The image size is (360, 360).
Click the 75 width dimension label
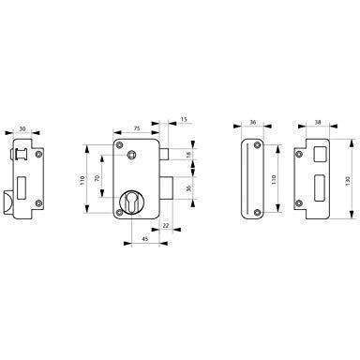(x=137, y=128)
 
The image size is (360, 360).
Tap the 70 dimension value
(x=97, y=178)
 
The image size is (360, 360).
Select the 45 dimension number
(x=145, y=239)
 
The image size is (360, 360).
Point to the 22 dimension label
(x=166, y=225)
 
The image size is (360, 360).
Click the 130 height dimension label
(x=348, y=180)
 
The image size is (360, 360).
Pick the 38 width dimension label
(x=318, y=122)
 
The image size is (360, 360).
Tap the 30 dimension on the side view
(x=22, y=128)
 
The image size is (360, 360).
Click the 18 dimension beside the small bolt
(x=188, y=154)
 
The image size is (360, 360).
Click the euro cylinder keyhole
(x=131, y=202)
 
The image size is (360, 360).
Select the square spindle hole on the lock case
(x=131, y=154)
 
